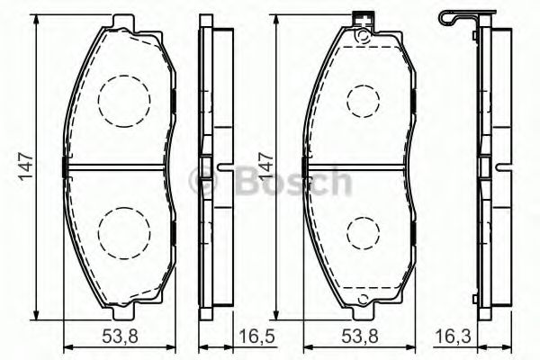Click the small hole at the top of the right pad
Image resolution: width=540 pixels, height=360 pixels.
point(362,37)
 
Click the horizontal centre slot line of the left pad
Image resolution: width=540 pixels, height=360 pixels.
point(117,166)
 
